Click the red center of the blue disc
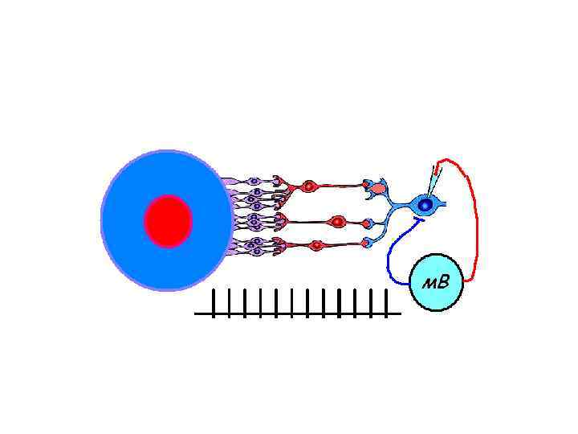click(168, 221)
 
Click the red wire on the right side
click(476, 225)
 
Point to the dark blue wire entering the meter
click(389, 257)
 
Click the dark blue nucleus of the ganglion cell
click(425, 205)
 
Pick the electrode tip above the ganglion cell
click(435, 170)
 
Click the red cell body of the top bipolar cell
click(307, 187)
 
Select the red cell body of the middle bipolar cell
click(338, 221)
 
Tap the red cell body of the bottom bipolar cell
click(316, 245)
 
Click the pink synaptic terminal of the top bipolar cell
click(378, 188)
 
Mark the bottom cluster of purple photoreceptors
click(256, 245)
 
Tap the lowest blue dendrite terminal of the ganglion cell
click(368, 244)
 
